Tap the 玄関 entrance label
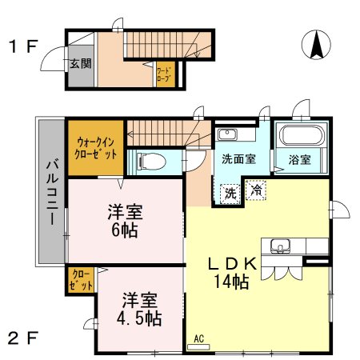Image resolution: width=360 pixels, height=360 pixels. [x=78, y=64]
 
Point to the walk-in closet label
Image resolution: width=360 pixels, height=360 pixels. [x=95, y=147]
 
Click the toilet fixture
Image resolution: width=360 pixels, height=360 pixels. [x=151, y=161]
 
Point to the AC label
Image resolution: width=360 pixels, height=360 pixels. [x=198, y=338]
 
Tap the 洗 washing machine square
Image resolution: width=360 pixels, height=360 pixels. [x=230, y=192]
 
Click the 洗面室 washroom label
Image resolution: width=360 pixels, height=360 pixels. [x=238, y=158]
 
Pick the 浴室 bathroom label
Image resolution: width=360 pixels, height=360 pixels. [x=300, y=159]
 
